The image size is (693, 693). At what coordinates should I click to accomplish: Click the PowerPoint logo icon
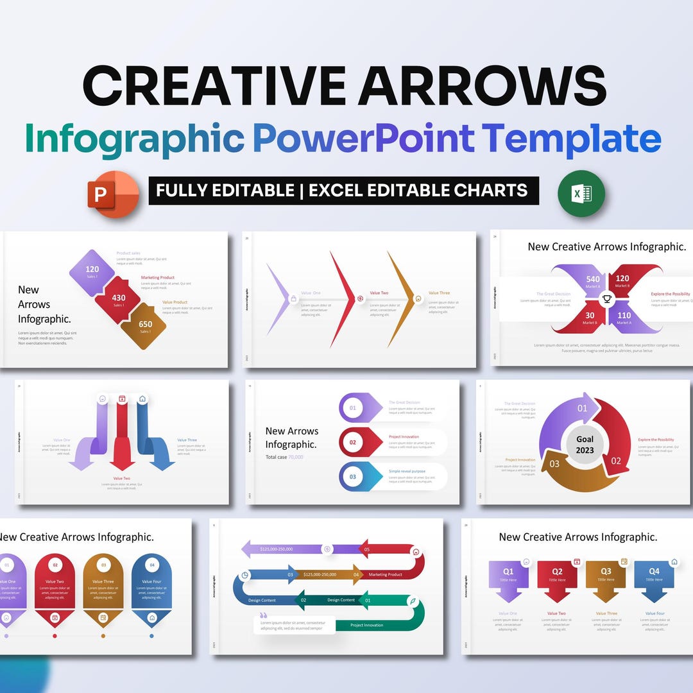pyautogui.click(x=113, y=193)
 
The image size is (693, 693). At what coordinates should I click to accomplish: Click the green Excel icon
pyautogui.click(x=581, y=193)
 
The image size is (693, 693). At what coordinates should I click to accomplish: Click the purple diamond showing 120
pyautogui.click(x=92, y=272)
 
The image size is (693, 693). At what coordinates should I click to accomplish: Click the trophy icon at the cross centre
pyautogui.click(x=606, y=299)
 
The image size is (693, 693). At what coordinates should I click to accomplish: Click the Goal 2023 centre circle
pyautogui.click(x=585, y=444)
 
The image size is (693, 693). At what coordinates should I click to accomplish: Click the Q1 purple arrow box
pyautogui.click(x=508, y=577)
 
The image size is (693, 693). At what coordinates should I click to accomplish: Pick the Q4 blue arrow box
pyautogui.click(x=654, y=577)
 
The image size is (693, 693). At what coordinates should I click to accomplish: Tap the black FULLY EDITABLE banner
pyautogui.click(x=343, y=191)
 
